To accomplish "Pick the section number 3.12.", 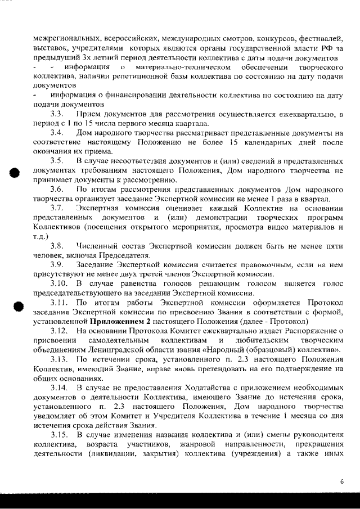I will click(x=58, y=330).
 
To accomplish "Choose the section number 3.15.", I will click(x=58, y=436).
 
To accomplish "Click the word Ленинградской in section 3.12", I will click(x=106, y=349).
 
